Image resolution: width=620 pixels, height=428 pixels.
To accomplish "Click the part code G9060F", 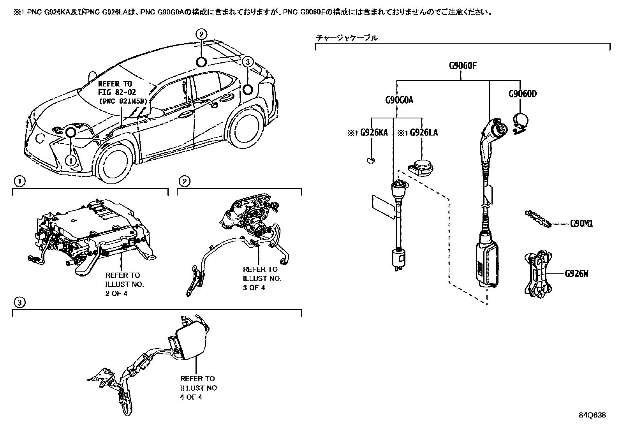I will pyautogui.click(x=462, y=65).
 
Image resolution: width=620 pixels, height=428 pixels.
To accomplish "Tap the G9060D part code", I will pyautogui.click(x=523, y=94).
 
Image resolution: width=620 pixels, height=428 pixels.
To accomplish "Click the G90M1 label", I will pyautogui.click(x=581, y=224).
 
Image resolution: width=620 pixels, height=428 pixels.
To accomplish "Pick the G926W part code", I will pyautogui.click(x=576, y=274).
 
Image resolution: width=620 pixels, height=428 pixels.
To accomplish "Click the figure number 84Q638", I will pyautogui.click(x=592, y=415).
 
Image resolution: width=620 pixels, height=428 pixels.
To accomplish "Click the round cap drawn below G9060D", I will pyautogui.click(x=521, y=121).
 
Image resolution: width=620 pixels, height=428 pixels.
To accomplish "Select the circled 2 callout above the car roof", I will pyautogui.click(x=201, y=34).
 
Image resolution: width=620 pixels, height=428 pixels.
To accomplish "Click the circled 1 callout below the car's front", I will pyautogui.click(x=71, y=160).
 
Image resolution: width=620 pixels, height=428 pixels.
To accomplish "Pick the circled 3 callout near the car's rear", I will pyautogui.click(x=248, y=62).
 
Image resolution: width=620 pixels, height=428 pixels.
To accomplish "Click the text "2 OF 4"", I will pyautogui.click(x=116, y=294).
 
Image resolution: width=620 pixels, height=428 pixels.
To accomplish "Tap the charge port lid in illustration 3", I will pyautogui.click(x=192, y=342).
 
